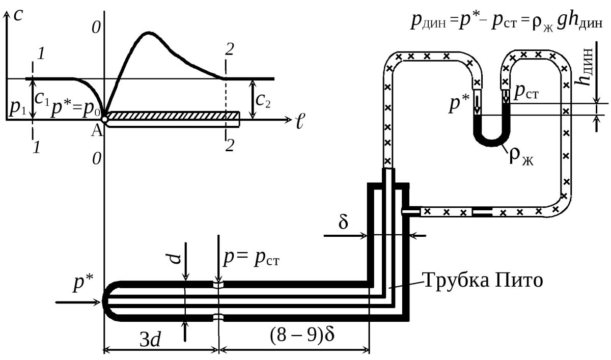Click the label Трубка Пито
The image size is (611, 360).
coord(482,281)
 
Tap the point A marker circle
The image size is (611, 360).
coord(104,119)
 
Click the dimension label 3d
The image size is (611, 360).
coord(150,340)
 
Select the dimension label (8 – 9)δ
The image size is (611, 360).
coord(302,335)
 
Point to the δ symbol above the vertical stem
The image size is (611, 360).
coord(343,223)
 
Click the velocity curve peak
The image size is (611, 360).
coord(148,33)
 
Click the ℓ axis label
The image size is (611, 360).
coord(300,121)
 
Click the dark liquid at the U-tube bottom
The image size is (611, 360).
coord(492,137)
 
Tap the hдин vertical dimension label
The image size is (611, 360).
coord(585,67)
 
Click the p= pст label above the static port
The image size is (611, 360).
coord(252,258)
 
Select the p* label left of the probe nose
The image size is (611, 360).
coord(83,283)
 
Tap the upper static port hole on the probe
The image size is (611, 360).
coord(218,285)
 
